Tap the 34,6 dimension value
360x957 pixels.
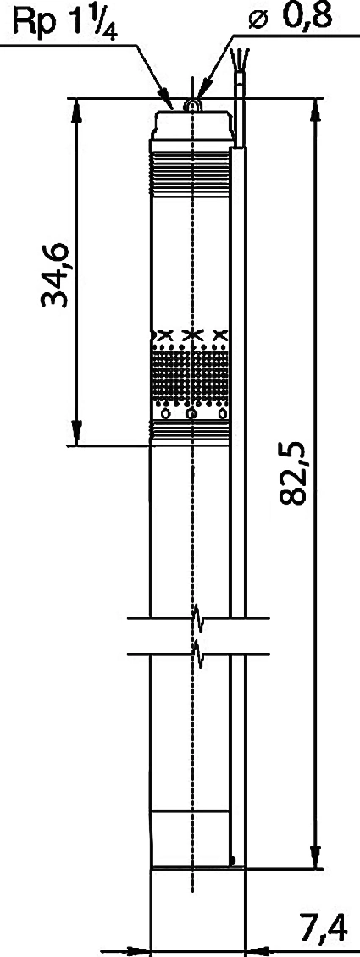pyautogui.click(x=56, y=275)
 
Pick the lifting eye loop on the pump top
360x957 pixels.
pyautogui.click(x=192, y=106)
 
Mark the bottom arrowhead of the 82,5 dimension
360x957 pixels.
pyautogui.click(x=315, y=855)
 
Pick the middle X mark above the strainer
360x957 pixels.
pyautogui.click(x=191, y=335)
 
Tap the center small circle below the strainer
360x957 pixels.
pyautogui.click(x=191, y=414)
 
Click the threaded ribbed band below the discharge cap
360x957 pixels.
pyautogui.click(x=190, y=174)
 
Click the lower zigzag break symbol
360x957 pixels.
pyautogui.click(x=197, y=654)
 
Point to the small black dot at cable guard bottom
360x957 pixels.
pyautogui.click(x=234, y=860)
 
